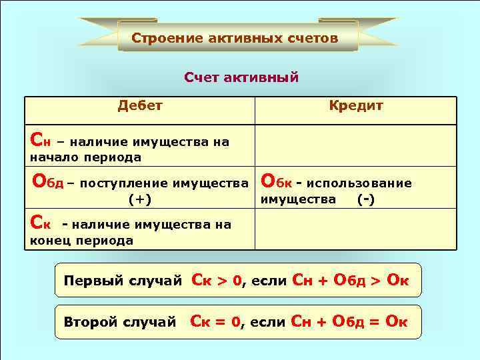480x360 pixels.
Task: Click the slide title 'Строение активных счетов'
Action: [x=235, y=37]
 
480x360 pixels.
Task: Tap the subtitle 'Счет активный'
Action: [x=241, y=78]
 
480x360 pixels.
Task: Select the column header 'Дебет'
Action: [x=139, y=105]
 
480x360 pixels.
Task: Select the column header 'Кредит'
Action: [x=356, y=105]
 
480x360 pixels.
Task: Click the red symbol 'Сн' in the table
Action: [x=39, y=139]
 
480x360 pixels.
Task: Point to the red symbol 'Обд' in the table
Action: [x=49, y=181]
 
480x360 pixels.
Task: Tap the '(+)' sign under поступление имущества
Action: [x=140, y=199]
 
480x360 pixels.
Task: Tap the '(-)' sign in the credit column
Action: [x=365, y=199]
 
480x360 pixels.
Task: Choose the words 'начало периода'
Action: [x=85, y=157]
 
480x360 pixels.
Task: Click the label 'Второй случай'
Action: [x=119, y=322]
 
